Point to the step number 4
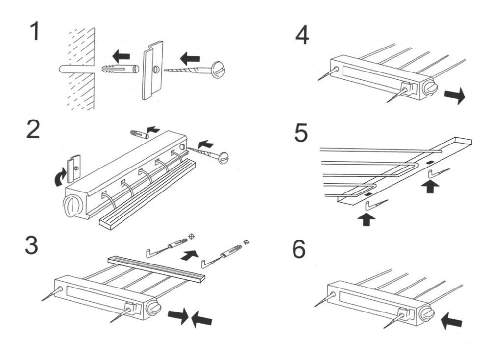[x=302, y=35]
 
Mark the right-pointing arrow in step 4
[x=454, y=96]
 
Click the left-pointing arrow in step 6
[x=452, y=321]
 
